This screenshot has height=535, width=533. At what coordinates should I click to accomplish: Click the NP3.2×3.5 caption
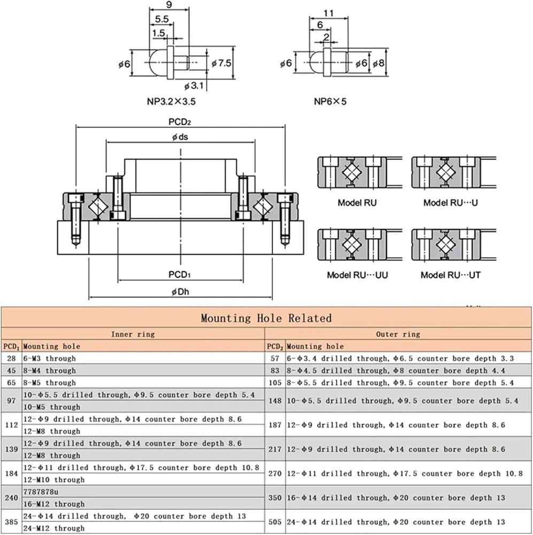click(x=171, y=101)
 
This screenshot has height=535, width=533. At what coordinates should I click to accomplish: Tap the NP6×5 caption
click(x=330, y=101)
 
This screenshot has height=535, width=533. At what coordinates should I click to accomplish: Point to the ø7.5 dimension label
click(x=221, y=63)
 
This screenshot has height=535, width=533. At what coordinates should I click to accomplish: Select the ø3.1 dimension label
click(x=194, y=86)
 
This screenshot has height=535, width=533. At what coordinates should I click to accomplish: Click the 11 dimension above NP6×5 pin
click(x=328, y=13)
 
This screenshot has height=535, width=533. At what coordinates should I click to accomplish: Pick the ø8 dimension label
click(x=378, y=64)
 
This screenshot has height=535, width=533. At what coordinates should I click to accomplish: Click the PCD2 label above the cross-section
click(x=180, y=122)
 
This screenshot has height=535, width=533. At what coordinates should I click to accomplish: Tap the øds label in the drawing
click(x=180, y=137)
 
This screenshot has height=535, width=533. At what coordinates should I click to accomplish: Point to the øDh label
click(x=180, y=292)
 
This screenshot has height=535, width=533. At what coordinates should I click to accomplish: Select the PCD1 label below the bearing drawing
click(x=180, y=274)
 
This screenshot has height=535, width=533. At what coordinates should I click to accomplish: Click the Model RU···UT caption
click(x=451, y=275)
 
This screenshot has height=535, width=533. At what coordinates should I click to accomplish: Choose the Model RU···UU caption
click(x=357, y=275)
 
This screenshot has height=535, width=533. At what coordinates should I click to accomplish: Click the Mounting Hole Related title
click(x=266, y=318)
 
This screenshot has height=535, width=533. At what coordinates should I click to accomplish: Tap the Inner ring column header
click(x=133, y=334)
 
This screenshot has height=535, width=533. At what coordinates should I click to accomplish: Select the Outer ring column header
click(x=398, y=334)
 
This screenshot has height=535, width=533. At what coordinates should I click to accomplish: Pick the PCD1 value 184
click(x=11, y=473)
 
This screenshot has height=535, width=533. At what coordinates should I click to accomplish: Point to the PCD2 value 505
click(x=275, y=522)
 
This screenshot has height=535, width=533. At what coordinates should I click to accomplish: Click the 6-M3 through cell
click(x=50, y=358)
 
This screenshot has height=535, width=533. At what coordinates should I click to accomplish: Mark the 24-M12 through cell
click(x=54, y=528)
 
